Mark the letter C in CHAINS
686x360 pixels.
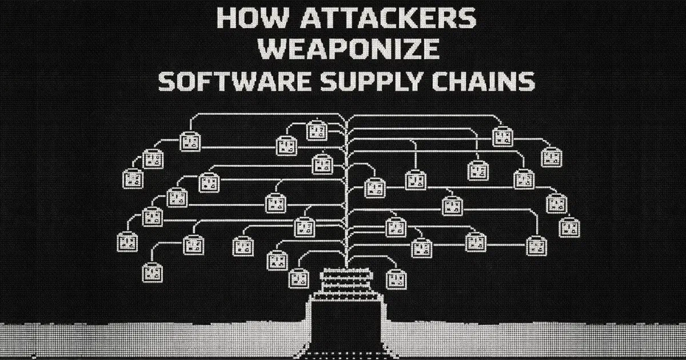[454, 82]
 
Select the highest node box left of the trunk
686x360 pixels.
[316, 131]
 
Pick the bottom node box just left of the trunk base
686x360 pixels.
[299, 278]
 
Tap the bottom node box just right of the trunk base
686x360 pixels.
[396, 278]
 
